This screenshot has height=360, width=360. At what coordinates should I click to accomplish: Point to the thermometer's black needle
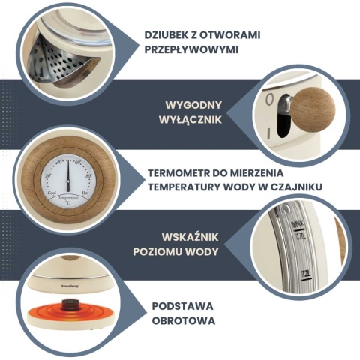click(x=67, y=175)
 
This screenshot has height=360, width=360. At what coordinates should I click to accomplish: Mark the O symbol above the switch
click(x=268, y=98)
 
